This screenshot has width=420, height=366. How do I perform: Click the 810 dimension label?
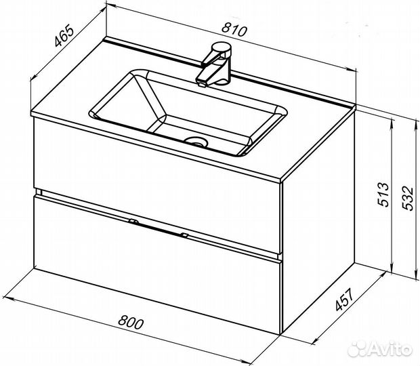point(234,30)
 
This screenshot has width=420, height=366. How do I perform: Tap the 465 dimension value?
point(64,35)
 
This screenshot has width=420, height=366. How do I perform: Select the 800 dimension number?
point(131,322)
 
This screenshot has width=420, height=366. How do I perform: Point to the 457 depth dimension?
point(345,300)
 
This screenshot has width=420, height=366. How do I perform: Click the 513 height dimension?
point(383,195)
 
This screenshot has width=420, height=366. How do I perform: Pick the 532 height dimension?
point(408,198)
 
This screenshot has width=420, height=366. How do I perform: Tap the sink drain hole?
point(197,140)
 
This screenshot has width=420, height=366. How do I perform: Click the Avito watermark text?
point(379,348)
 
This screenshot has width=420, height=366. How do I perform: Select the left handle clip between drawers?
point(133,222)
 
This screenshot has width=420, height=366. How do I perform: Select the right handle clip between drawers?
point(184,235)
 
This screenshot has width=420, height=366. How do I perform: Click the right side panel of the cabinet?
point(319,222)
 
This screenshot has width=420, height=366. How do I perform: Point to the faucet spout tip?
point(202,85)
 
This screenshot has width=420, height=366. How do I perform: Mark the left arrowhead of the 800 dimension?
point(6,298)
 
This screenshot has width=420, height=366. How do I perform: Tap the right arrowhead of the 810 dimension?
point(352,70)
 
